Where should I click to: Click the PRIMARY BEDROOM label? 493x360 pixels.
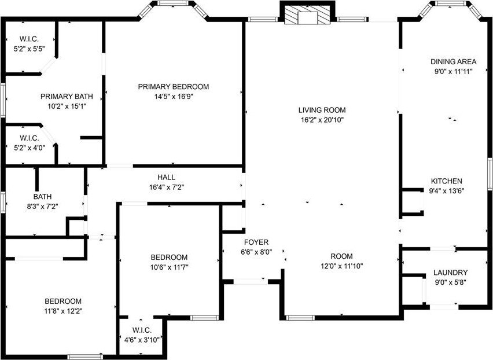(173, 86)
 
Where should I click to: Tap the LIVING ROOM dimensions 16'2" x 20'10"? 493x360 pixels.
(322, 120)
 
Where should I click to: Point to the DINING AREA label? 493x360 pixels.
(454, 61)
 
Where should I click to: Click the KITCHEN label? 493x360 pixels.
(447, 181)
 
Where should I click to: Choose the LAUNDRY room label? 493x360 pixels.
(450, 273)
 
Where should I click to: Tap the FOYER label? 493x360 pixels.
(256, 242)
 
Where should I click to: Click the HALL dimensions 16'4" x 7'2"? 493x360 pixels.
(166, 188)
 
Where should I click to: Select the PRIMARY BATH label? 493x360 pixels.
(67, 96)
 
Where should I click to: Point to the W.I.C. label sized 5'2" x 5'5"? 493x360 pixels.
(29, 39)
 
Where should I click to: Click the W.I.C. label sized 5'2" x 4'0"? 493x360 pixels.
(30, 138)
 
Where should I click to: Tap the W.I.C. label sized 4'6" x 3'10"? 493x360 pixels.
(142, 330)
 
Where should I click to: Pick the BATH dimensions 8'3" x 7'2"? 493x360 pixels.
(42, 207)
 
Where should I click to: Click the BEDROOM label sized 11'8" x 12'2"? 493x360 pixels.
(63, 301)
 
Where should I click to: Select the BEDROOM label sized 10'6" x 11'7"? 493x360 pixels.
(169, 258)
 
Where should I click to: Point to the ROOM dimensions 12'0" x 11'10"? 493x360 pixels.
(342, 266)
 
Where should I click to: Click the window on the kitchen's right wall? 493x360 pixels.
(490, 174)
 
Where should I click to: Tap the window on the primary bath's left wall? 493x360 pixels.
(3, 100)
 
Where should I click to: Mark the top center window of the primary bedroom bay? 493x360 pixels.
(172, 3)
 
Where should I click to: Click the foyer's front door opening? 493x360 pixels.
(251, 281)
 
